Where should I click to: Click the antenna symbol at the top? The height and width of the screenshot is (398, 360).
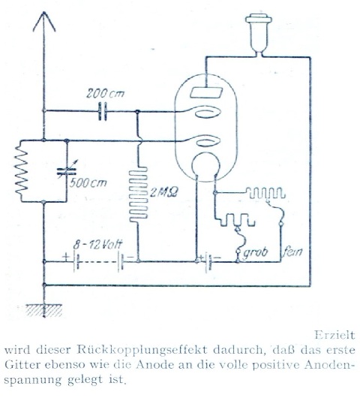(x=44, y=23)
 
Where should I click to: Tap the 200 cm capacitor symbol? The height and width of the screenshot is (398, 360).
(x=103, y=111)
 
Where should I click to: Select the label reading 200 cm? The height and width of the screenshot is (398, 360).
(x=105, y=93)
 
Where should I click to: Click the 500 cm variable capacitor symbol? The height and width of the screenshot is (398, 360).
(x=67, y=171)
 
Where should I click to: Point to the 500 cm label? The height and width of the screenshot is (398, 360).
(x=88, y=183)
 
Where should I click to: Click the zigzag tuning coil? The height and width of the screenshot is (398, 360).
(x=21, y=170)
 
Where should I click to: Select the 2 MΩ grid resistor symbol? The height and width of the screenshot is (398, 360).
(x=139, y=194)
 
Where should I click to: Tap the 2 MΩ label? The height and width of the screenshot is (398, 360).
(x=163, y=192)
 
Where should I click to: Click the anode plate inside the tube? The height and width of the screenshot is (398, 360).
(x=206, y=92)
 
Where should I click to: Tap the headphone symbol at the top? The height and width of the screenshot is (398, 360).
(x=259, y=33)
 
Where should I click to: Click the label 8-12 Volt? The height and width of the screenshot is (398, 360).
(x=97, y=245)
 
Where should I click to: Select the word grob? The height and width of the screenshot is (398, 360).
(x=256, y=252)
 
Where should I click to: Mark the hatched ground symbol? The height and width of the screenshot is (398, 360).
(x=44, y=310)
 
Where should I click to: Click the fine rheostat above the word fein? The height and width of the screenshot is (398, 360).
(x=265, y=194)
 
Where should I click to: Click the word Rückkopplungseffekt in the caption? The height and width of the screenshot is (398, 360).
(x=142, y=350)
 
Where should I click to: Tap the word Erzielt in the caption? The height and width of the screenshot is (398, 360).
(x=334, y=335)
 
